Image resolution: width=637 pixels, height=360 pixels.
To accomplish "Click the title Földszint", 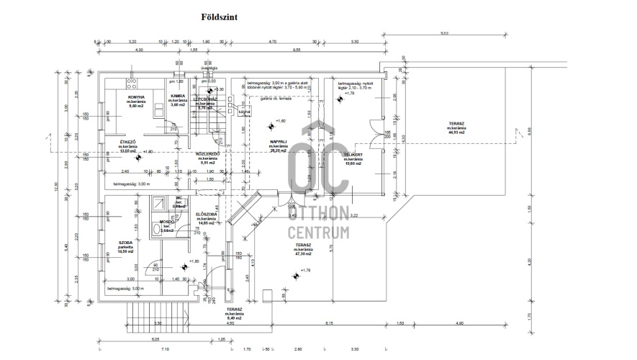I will [x=215, y=14].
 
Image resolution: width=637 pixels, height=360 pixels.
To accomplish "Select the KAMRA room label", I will [x=178, y=96].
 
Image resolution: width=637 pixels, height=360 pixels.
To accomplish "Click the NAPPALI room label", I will [x=279, y=142].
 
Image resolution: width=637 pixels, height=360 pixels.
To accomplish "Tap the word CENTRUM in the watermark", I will [x=318, y=233].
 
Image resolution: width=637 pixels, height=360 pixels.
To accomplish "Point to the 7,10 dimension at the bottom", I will [x=165, y=349].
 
